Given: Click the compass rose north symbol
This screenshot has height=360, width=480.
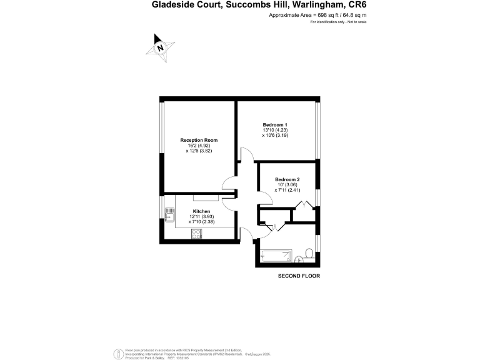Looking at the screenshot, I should [x=160, y=47].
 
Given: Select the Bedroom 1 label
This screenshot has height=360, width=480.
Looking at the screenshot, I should [x=275, y=125].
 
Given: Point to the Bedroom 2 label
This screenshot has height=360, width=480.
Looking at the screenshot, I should [x=287, y=179].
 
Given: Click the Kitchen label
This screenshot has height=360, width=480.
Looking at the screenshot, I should [x=202, y=211].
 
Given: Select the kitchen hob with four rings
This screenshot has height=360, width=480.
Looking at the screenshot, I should [x=197, y=234].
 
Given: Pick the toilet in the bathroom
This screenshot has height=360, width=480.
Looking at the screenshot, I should [x=309, y=254].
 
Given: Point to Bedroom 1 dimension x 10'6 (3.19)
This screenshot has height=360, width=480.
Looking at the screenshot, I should [x=275, y=136].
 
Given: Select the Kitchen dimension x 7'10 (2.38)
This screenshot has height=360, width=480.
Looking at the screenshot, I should [x=202, y=222].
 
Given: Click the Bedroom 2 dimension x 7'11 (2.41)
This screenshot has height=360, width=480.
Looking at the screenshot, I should [x=287, y=190].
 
